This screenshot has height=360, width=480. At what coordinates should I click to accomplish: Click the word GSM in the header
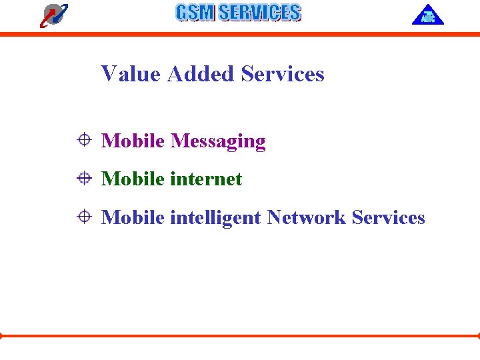pos(195,13)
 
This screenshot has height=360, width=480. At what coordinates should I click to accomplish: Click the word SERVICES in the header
pos(259,13)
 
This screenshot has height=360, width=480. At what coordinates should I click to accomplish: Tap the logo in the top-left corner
pos(53,15)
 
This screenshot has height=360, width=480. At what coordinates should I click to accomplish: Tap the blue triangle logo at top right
pos(427,15)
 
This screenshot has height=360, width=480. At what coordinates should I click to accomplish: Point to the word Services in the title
pos(283,73)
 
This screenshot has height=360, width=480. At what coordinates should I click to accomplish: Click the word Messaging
pos(218,141)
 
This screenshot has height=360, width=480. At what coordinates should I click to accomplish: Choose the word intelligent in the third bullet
pos(215,218)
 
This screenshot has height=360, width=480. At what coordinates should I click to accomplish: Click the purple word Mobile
pos(133,141)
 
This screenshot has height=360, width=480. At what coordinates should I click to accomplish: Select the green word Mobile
pos(133,179)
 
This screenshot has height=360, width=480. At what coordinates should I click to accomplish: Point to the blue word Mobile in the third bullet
pos(133,217)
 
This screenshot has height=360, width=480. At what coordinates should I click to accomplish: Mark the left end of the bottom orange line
pos(1,335)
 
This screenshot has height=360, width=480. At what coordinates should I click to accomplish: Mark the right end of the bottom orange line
pos(478,335)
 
